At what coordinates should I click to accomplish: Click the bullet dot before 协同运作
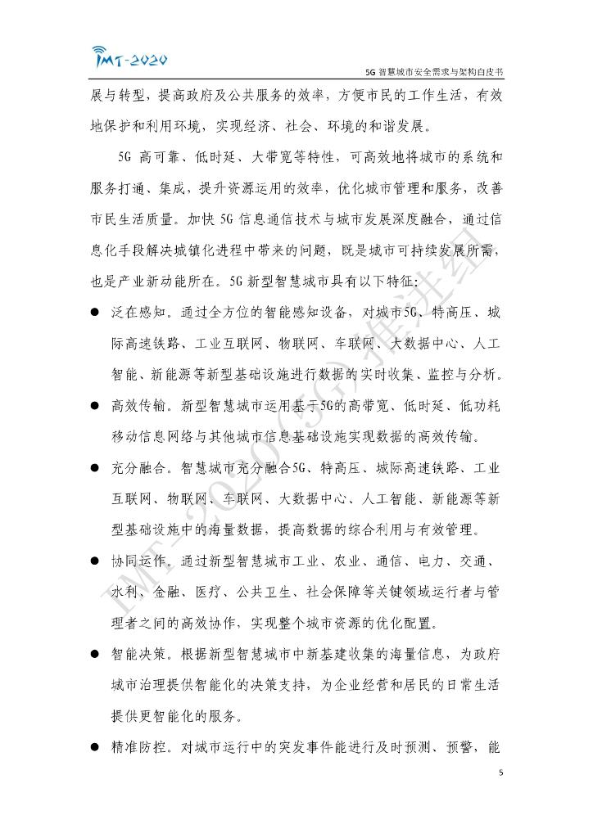pos(96,562)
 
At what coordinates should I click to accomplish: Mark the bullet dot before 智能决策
pos(96,656)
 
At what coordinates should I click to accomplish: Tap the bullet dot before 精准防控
pos(96,748)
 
